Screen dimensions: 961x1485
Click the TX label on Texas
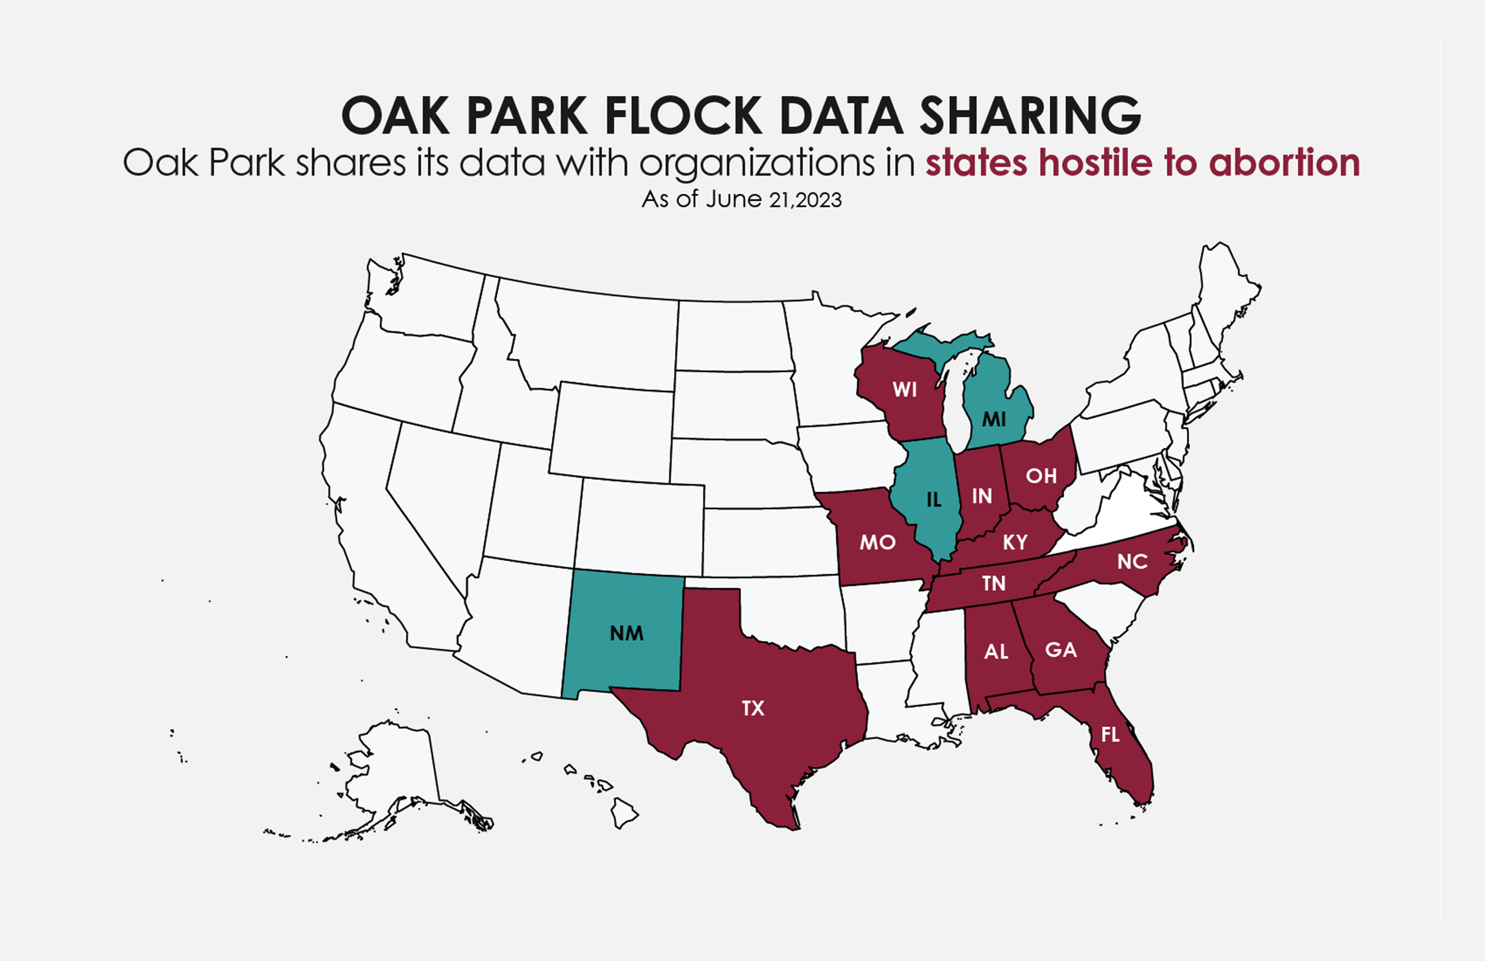coord(753,708)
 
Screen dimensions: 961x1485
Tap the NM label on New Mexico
coord(627,633)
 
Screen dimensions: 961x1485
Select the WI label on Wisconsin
coord(905,390)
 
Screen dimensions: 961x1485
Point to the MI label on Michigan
coord(994,419)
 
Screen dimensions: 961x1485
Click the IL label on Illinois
coord(933,500)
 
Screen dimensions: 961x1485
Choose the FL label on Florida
coord(1110,735)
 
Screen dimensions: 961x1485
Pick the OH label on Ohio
coord(1041,476)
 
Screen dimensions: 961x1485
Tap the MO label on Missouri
coord(877,542)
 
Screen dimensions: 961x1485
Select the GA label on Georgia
coord(1061,650)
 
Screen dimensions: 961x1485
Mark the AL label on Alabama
coord(996,652)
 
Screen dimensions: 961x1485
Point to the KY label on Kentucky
coord(1015,542)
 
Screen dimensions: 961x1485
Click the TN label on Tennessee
coord(994,583)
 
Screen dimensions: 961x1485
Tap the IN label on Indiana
coord(982,496)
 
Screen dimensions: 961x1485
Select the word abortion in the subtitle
coord(1284,163)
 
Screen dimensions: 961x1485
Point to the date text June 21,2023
coord(774,200)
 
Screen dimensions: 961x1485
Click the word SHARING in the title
coord(1030,115)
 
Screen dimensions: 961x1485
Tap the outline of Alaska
coord(393,774)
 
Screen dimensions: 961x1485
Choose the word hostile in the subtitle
coord(1096,163)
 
